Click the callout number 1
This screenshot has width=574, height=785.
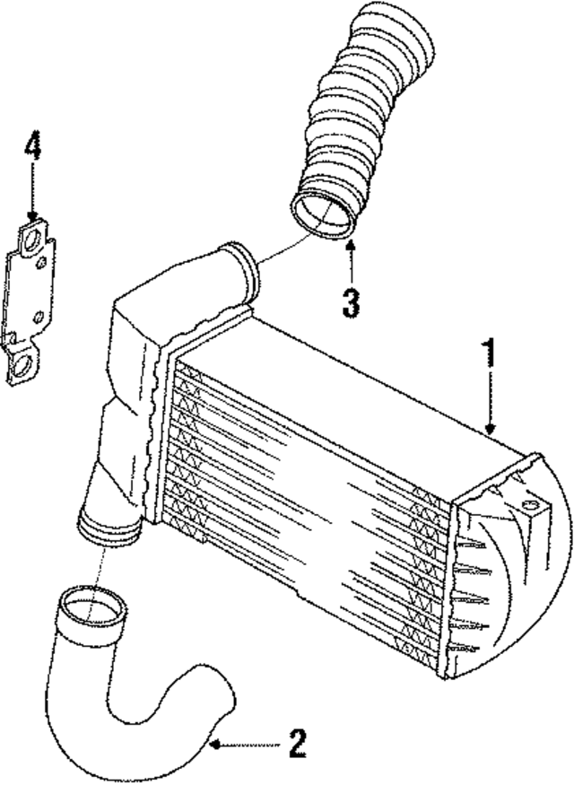pos(489,353)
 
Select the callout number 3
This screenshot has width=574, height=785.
pos(351,301)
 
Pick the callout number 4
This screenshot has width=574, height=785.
pos(32,147)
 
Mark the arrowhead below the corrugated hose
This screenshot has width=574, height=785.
pos(351,245)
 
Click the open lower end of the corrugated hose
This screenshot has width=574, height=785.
pos(323,215)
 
